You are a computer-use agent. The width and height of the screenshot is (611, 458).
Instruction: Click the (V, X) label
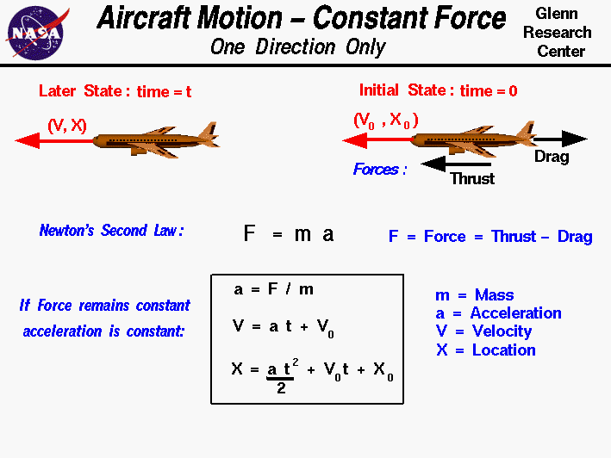(x=66, y=126)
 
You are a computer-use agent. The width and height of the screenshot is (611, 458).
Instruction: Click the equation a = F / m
(x=267, y=290)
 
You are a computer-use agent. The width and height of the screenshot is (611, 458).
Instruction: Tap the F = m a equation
(x=289, y=234)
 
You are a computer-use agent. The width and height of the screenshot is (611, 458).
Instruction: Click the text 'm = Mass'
(x=474, y=295)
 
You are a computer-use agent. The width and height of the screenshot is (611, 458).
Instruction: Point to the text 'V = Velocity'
(x=483, y=331)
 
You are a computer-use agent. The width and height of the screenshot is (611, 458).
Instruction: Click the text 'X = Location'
(x=485, y=350)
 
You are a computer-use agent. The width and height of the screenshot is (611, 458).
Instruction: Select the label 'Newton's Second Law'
(x=111, y=231)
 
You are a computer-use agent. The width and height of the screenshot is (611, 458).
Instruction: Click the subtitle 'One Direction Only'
(x=297, y=46)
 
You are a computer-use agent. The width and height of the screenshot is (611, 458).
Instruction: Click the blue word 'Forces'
(x=380, y=170)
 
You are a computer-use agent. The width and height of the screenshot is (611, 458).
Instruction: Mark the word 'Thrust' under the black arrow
(x=472, y=179)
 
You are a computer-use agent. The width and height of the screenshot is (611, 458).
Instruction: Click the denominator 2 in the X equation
(x=280, y=388)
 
